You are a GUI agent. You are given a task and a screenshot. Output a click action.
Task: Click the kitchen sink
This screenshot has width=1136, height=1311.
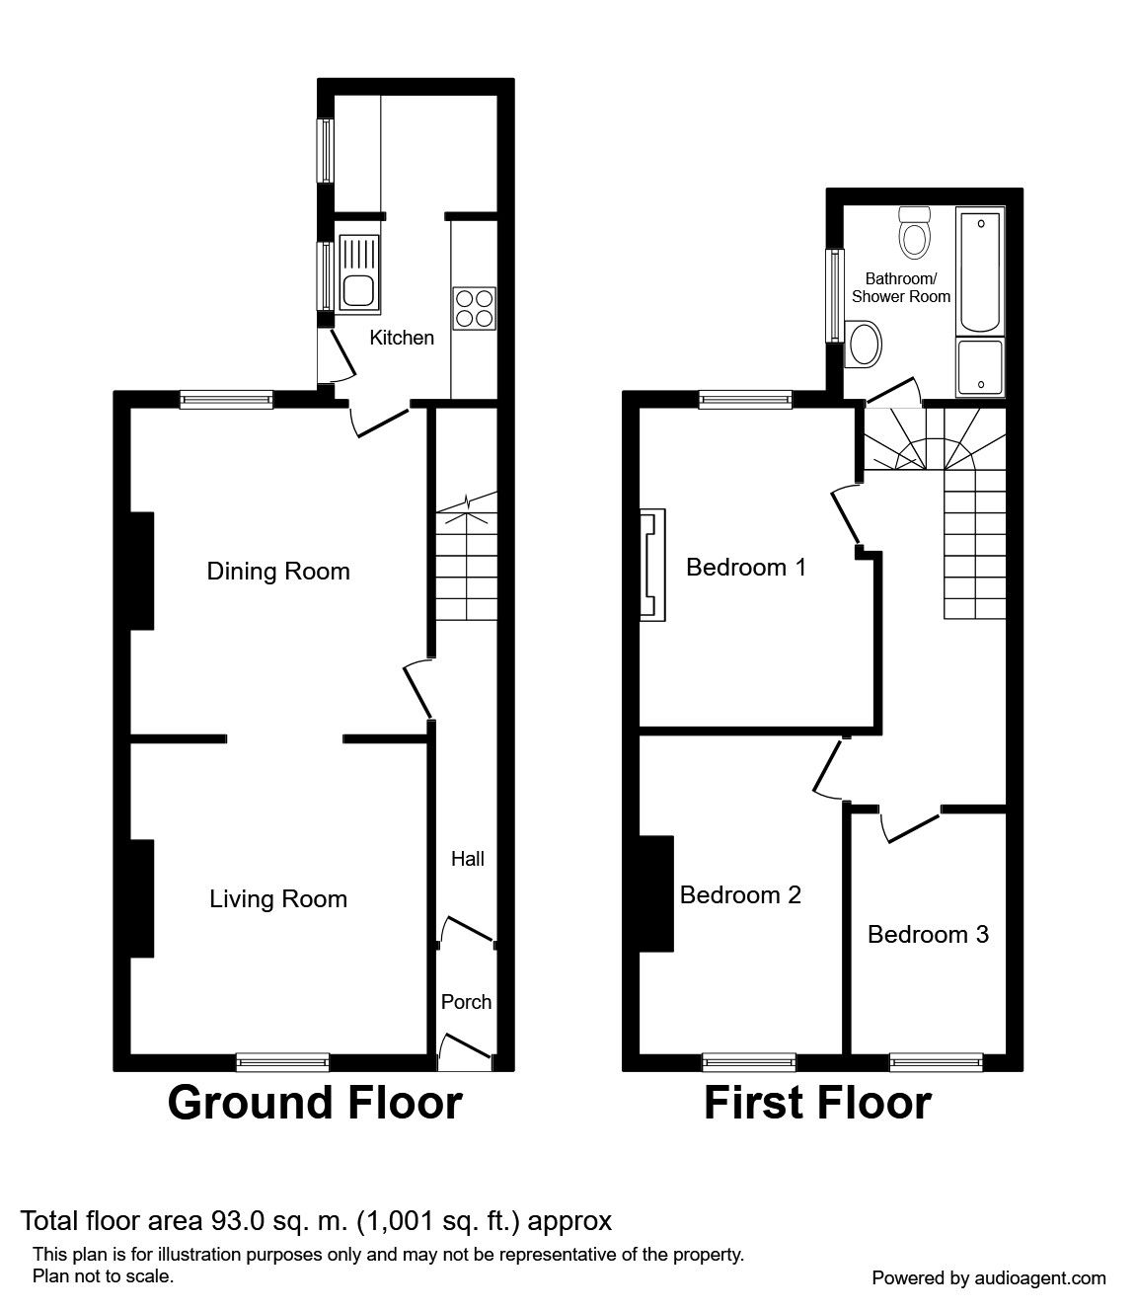pyautogui.click(x=357, y=272)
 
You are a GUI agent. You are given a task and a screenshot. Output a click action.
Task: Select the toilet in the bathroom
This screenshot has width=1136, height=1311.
pyautogui.click(x=915, y=233)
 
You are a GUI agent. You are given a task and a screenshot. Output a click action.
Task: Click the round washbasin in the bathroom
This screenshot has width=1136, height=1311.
pyautogui.click(x=865, y=345)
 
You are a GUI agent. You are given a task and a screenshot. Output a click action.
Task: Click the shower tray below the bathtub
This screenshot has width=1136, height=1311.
pyautogui.click(x=980, y=366)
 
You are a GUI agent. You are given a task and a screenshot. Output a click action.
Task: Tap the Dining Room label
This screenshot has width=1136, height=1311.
pyautogui.click(x=278, y=572)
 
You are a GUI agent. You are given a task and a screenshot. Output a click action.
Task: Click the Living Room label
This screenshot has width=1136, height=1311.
pyautogui.click(x=278, y=899)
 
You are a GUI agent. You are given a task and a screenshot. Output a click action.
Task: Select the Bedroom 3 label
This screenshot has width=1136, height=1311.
pyautogui.click(x=928, y=934)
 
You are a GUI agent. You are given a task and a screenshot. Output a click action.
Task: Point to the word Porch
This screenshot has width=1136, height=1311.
pyautogui.click(x=466, y=1002)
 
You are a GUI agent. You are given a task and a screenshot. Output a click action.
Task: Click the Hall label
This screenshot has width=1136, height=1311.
pyautogui.click(x=468, y=859)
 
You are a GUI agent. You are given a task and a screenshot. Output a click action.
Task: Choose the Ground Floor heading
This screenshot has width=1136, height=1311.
pyautogui.click(x=315, y=1103)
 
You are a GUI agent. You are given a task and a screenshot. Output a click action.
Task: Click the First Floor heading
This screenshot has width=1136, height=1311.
pyautogui.click(x=817, y=1103)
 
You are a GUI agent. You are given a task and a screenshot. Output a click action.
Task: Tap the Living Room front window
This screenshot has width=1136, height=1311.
pyautogui.click(x=283, y=1062)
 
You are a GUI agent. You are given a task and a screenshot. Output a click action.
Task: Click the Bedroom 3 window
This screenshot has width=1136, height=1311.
pyautogui.click(x=937, y=1062)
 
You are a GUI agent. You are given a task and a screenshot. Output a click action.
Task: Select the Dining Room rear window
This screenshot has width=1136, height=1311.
pyautogui.click(x=226, y=399)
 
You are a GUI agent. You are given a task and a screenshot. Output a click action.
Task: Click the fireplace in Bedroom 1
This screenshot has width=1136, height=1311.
pyautogui.click(x=652, y=565)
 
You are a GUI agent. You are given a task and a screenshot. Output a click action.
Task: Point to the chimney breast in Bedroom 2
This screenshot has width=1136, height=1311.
pyautogui.click(x=657, y=894)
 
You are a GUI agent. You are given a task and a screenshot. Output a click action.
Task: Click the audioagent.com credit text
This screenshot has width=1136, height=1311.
pyautogui.click(x=989, y=1277)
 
